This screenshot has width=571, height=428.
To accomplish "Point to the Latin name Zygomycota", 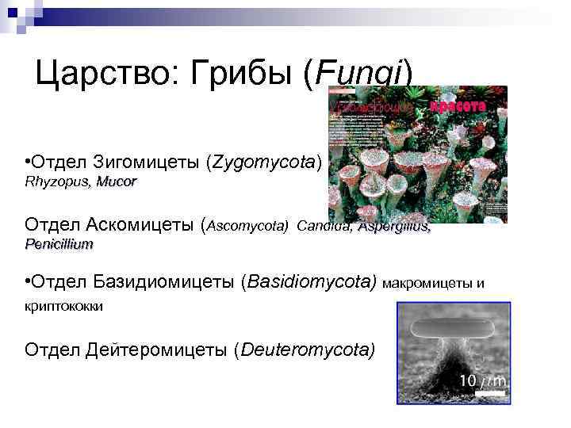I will tap(263, 163).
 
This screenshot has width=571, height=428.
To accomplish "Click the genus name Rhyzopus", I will tap(57, 182).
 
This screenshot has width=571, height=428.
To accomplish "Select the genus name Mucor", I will tap(117, 182).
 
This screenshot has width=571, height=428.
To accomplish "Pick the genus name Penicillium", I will tap(59, 244).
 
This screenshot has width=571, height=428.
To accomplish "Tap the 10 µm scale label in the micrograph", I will tap(481, 382).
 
